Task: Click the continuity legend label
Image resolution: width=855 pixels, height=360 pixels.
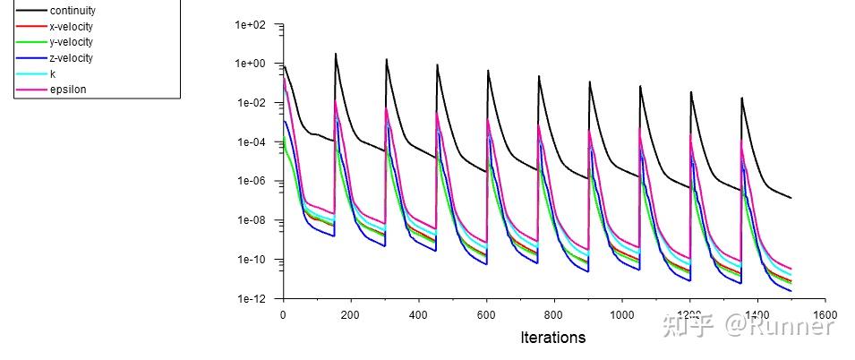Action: (73, 11)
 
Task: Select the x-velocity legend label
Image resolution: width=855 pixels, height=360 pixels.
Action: (72, 27)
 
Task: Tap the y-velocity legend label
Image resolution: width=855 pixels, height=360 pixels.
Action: (72, 42)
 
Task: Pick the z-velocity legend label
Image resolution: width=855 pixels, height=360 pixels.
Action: (72, 58)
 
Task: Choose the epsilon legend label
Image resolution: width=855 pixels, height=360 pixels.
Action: (68, 90)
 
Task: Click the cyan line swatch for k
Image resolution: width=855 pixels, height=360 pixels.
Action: (31, 74)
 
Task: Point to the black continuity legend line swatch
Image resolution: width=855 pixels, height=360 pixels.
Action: (31, 11)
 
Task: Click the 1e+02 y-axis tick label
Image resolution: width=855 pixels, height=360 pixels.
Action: (251, 25)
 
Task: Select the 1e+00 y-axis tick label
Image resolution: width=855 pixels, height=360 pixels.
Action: (251, 64)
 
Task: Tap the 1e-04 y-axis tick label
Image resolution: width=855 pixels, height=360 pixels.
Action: (252, 142)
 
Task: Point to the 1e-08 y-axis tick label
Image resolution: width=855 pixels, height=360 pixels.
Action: (252, 221)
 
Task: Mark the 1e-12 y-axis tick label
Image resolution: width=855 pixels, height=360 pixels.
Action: (252, 299)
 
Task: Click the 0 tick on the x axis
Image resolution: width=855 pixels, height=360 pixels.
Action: (283, 315)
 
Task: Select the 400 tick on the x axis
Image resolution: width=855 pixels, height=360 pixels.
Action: (418, 315)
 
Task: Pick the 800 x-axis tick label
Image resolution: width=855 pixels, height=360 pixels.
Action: (553, 315)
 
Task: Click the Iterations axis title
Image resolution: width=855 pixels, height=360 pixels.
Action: (552, 338)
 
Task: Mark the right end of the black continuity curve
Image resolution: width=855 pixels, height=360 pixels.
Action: (791, 198)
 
